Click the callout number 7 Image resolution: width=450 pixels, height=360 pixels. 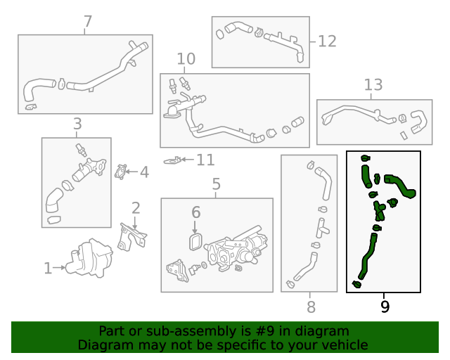87,22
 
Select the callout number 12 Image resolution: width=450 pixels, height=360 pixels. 327,41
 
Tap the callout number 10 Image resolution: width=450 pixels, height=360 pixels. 186,58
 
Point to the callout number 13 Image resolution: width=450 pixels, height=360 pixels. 373,85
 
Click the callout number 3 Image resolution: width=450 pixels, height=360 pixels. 77,124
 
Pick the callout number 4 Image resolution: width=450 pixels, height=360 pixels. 143,171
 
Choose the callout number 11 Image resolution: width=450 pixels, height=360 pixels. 205,160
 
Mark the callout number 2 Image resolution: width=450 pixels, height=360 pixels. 136,207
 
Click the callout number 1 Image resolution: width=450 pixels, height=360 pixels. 48,268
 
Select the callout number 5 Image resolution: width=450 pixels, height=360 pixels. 216,185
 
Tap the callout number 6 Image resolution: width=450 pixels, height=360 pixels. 196,212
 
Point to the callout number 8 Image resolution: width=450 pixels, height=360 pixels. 311,307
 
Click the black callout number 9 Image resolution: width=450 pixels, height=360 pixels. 384,306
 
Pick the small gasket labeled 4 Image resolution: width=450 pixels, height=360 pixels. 121,171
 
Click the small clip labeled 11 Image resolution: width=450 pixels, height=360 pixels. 172,161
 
